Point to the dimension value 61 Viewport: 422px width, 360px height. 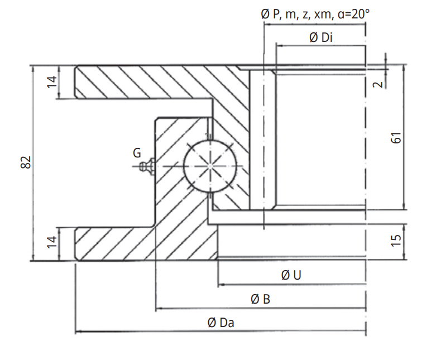pyautogui.click(x=397, y=138)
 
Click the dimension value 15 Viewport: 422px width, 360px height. pyautogui.click(x=397, y=240)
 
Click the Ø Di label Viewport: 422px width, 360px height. pyautogui.click(x=321, y=38)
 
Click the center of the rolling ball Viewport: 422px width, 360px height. pyautogui.click(x=210, y=165)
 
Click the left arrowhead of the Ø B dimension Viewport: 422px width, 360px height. pyautogui.click(x=159, y=308)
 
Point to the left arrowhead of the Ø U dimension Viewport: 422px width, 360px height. pyautogui.click(x=220, y=284)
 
